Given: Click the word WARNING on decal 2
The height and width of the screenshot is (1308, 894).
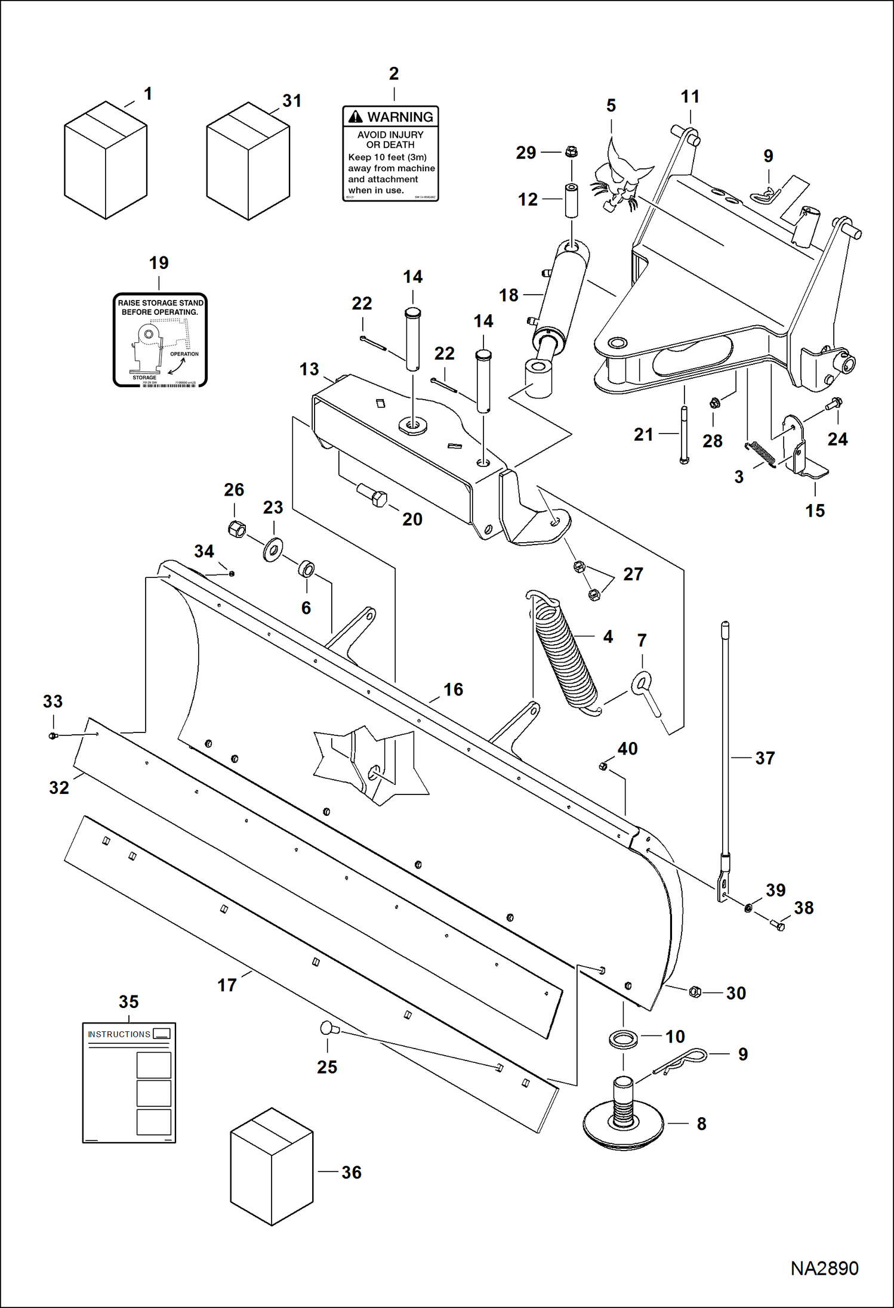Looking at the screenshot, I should tap(399, 117).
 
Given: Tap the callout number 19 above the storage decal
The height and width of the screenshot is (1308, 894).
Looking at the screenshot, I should tap(159, 263).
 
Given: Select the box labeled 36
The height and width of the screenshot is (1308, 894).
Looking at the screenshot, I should tap(272, 1167).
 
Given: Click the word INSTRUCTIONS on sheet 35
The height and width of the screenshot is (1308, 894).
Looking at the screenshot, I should tap(119, 1034).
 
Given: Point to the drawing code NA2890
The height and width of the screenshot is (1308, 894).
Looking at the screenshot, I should tap(824, 1267).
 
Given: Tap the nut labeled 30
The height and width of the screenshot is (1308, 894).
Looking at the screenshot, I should tap(694, 991).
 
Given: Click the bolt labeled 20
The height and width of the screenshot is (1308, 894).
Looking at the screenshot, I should tap(372, 495).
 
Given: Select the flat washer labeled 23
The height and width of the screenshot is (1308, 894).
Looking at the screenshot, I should tap(273, 549).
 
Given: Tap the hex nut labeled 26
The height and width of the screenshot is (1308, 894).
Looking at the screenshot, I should tap(237, 528).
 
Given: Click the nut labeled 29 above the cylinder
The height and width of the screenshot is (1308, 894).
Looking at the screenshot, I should tap(571, 151).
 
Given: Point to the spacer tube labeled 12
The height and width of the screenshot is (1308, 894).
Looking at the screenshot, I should tap(572, 202).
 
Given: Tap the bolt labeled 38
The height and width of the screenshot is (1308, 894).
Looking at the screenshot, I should tap(778, 925).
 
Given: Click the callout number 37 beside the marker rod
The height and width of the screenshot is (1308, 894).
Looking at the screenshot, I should tap(764, 758).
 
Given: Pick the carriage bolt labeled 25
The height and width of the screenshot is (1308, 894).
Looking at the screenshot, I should tap(329, 1028).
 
